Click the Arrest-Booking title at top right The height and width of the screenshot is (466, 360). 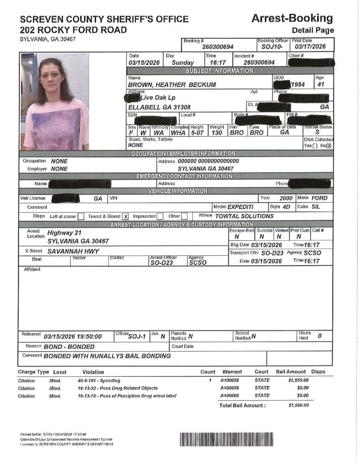tap(292, 18)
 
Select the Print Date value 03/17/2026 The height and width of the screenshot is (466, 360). tap(310, 46)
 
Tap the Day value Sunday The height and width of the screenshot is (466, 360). tap(183, 63)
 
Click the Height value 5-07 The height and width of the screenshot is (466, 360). tap(197, 133)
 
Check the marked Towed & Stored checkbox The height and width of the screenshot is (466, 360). tap(126, 217)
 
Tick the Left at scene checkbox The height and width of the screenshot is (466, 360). tap(81, 217)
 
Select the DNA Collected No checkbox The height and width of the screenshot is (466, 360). tap(329, 146)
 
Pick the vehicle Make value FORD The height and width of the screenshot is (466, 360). tap(319, 198)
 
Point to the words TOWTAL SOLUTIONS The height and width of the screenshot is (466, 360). tap(244, 216)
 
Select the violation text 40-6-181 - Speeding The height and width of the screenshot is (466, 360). tap(99, 380)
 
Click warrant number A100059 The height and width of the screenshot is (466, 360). tap(230, 388)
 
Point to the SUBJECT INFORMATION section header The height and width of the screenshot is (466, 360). tap(219, 71)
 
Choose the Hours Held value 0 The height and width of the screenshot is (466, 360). tap(319, 336)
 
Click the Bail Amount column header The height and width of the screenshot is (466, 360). tap(291, 372)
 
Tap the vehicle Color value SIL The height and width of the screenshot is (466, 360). tap(316, 207)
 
